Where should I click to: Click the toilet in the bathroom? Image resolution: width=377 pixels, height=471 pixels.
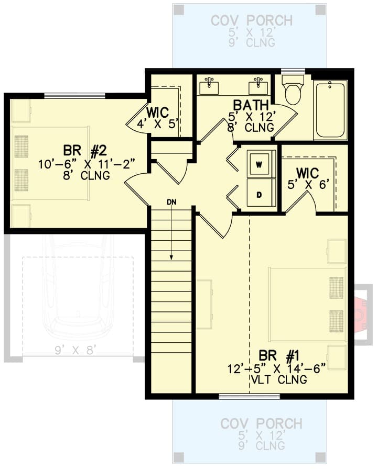tap(293, 89)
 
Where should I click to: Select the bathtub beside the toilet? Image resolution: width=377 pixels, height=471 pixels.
tap(330, 110)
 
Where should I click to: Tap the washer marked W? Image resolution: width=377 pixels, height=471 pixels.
tap(259, 164)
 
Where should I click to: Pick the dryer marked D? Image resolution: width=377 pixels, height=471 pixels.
tap(259, 195)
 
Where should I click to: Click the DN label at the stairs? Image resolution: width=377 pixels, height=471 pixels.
tap(172, 202)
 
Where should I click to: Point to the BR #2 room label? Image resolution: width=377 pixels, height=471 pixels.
tap(85, 151)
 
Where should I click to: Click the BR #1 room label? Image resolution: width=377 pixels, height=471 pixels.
tap(279, 356)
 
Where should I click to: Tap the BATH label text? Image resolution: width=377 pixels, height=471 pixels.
tap(251, 105)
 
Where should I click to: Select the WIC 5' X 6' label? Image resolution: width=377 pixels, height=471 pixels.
tap(307, 179)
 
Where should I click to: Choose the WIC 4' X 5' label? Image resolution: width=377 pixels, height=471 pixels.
tap(157, 118)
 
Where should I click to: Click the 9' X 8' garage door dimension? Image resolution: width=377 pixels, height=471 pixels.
tap(76, 350)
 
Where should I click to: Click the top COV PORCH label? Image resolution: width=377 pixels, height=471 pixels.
tap(252, 21)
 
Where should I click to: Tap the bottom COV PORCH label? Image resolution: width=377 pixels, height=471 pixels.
tap(261, 424)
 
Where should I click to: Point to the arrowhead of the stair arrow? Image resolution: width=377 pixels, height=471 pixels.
tap(171, 257)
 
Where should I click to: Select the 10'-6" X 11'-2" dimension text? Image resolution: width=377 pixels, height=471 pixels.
tap(87, 165)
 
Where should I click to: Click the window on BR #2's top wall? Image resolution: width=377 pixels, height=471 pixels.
tap(75, 96)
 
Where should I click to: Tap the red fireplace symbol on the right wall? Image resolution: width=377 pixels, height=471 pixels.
tap(361, 314)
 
